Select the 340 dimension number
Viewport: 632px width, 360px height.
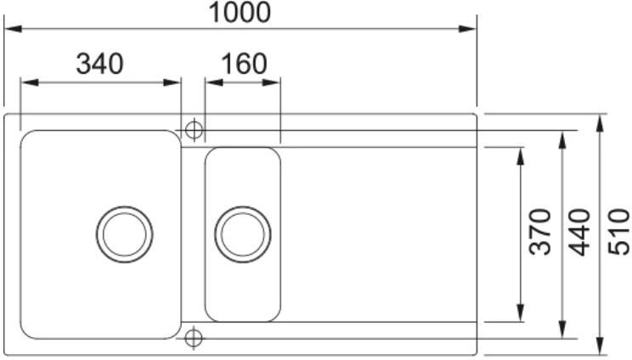(99, 64)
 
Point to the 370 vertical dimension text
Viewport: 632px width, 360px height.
(539, 232)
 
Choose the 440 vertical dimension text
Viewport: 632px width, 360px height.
(581, 232)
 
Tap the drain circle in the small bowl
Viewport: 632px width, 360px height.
(243, 233)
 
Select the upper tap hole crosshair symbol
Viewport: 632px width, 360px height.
(193, 130)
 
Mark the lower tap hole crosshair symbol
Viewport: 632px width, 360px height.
(193, 338)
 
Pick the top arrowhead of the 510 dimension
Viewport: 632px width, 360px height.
(601, 121)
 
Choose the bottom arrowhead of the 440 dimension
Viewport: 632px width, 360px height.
(561, 329)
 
